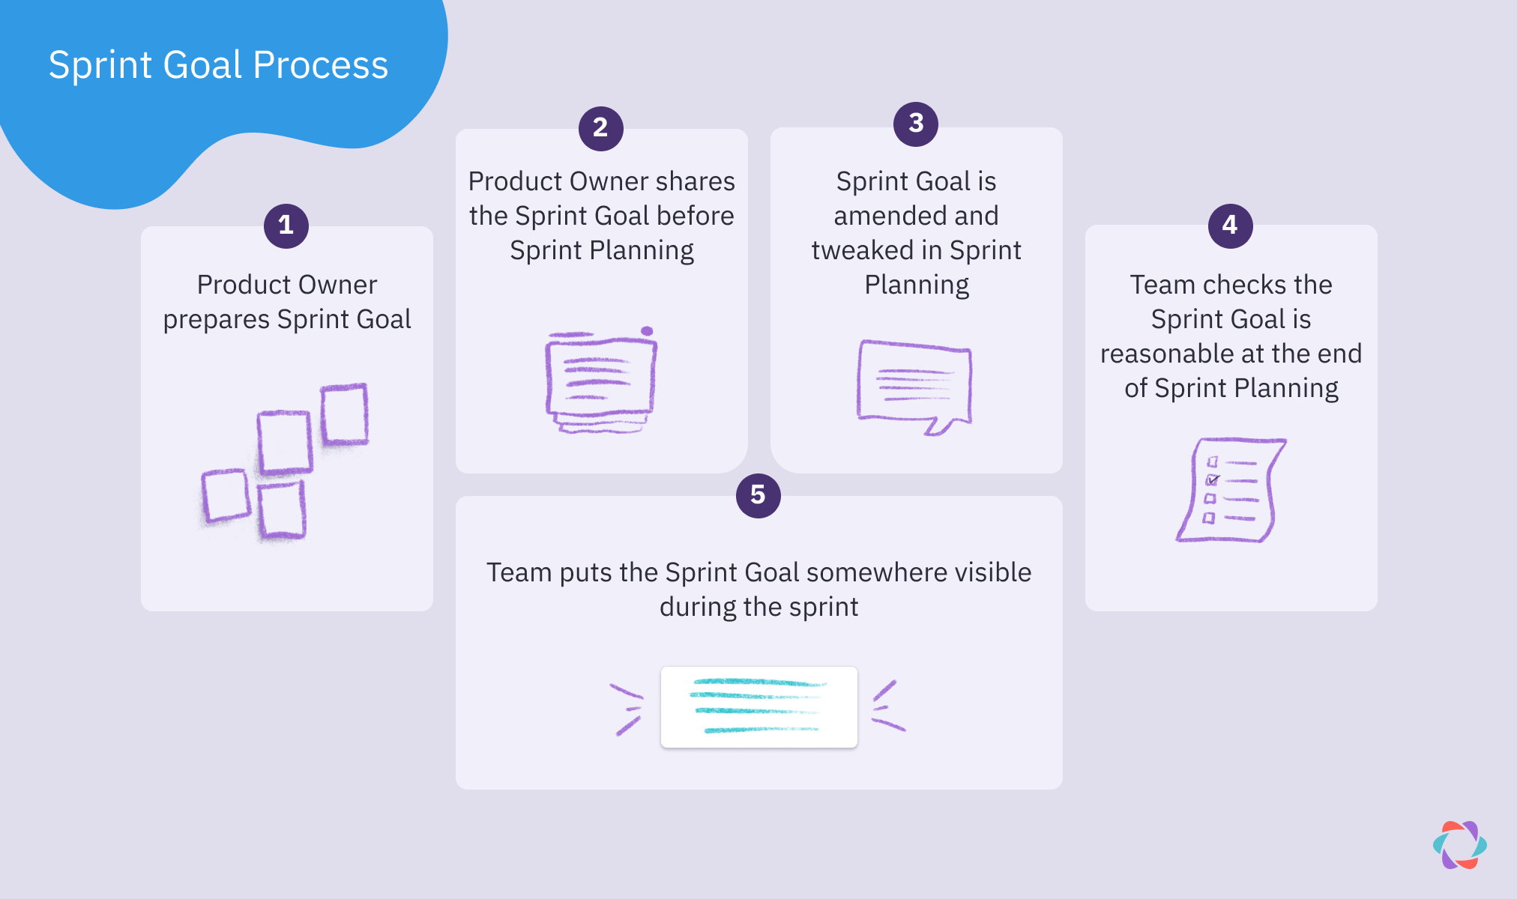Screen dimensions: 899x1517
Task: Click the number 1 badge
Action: (x=286, y=225)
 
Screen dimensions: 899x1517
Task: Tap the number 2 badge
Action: (x=600, y=128)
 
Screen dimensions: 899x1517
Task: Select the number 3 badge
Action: (x=915, y=124)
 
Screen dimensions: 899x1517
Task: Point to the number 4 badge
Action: (x=1230, y=225)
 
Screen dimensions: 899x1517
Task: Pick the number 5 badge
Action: (x=758, y=495)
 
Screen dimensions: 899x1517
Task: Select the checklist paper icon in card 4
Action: (x=1230, y=490)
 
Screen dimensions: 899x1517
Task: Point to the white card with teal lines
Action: (x=758, y=706)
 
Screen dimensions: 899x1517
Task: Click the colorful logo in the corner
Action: (x=1459, y=845)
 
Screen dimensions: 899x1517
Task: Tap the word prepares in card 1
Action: (x=217, y=320)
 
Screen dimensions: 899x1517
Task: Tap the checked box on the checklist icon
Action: (x=1211, y=479)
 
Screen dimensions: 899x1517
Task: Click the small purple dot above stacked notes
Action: (x=647, y=331)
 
